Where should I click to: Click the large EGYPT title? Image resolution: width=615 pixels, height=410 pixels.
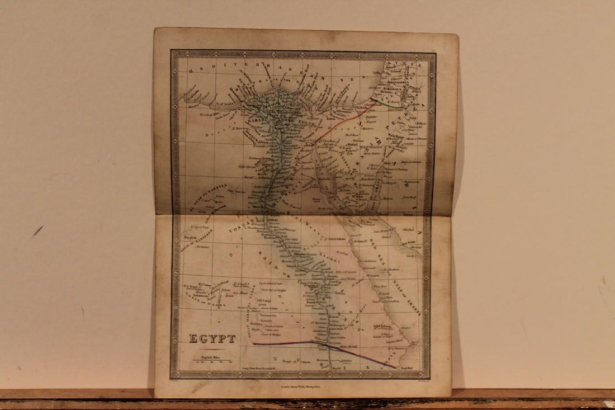(212, 338)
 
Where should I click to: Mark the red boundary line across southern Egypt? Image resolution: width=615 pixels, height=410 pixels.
(291, 342)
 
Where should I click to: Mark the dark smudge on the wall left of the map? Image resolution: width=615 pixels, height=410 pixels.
(37, 230)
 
